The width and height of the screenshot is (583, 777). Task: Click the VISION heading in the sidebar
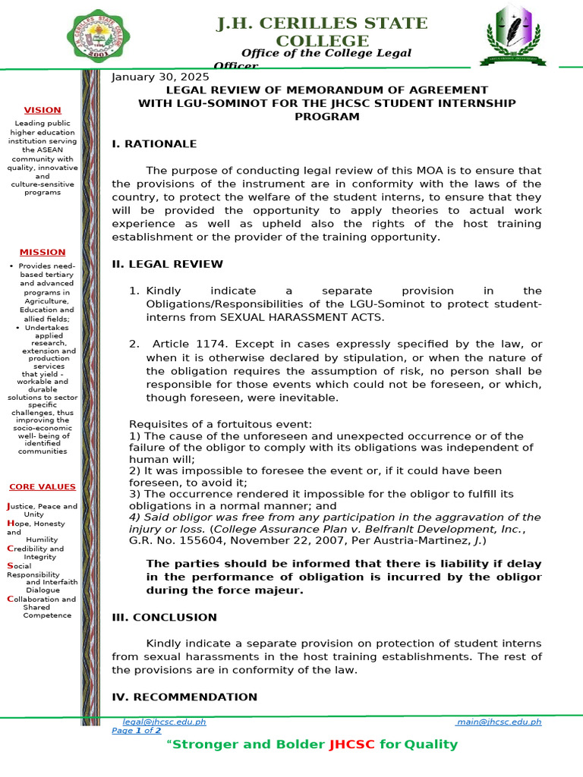(43, 110)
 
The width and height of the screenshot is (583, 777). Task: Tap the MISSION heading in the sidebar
(43, 252)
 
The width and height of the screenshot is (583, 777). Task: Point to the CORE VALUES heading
(43, 486)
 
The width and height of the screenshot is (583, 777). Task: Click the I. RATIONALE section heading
(154, 143)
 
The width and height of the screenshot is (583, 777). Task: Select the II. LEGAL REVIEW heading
(167, 264)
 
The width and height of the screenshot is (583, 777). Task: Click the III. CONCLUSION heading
(164, 618)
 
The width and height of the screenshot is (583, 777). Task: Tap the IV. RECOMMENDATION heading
(184, 697)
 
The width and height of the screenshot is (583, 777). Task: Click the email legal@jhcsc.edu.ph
(164, 722)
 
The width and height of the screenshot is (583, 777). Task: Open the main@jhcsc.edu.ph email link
(499, 722)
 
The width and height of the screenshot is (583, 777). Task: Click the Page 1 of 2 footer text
(137, 731)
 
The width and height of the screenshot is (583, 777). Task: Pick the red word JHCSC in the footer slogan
(351, 744)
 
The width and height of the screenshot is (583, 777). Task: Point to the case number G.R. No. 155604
(175, 541)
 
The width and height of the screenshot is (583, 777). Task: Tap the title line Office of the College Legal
(326, 53)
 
